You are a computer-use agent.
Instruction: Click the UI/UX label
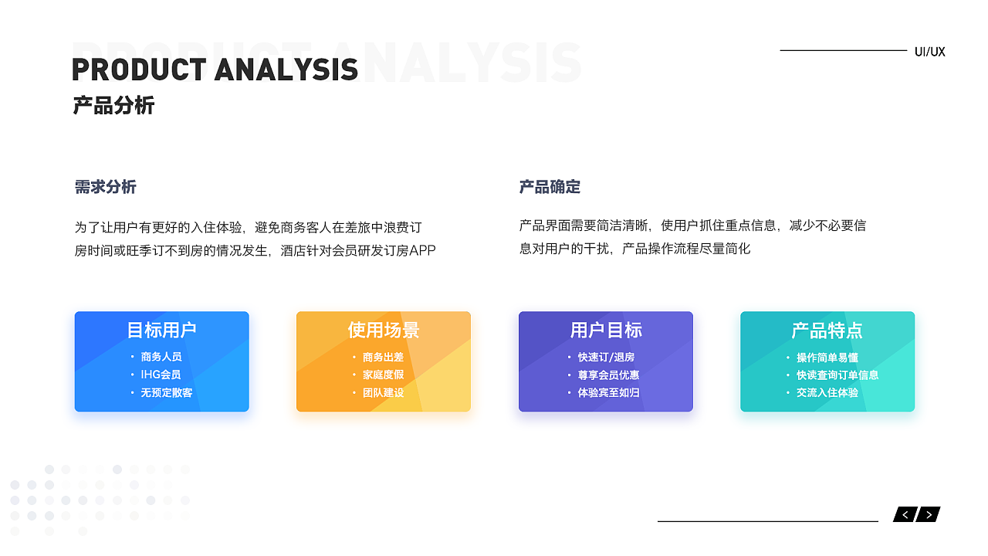click(x=930, y=52)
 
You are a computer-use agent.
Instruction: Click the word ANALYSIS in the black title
click(x=286, y=69)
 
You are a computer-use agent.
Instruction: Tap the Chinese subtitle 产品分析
click(x=113, y=106)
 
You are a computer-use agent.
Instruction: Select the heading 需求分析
click(x=106, y=187)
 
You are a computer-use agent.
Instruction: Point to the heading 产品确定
click(x=550, y=187)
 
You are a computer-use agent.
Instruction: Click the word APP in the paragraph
click(x=422, y=251)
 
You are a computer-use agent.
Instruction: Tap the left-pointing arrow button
click(x=905, y=514)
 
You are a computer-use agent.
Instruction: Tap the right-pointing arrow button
click(x=929, y=514)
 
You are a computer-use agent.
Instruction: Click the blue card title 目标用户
click(x=161, y=330)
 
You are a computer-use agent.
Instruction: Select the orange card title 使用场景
click(x=384, y=330)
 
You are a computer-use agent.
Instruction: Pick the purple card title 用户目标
click(x=606, y=330)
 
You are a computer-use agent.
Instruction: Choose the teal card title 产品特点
click(x=827, y=331)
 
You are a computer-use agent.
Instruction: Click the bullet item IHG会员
click(x=161, y=375)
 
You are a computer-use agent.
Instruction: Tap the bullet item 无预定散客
click(x=166, y=393)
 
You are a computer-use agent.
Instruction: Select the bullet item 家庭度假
click(x=383, y=375)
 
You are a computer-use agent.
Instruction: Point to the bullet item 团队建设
click(x=383, y=393)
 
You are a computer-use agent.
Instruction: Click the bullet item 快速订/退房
click(x=606, y=357)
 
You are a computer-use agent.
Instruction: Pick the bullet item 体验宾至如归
click(x=609, y=393)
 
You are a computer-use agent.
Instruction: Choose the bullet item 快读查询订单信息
click(x=837, y=375)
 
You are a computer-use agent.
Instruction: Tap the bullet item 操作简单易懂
click(x=827, y=358)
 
